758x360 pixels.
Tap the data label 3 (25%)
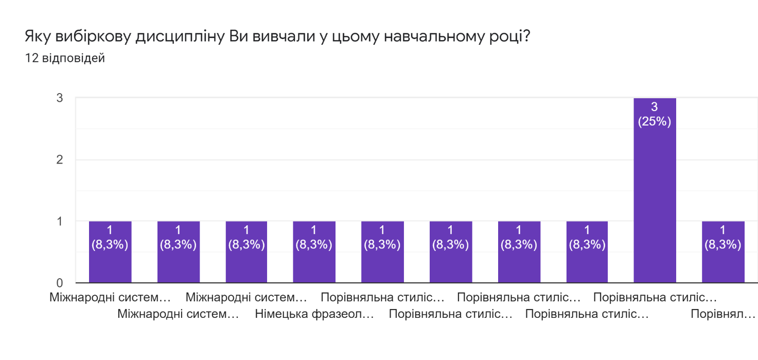[x=655, y=115]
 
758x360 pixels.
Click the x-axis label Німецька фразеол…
[x=314, y=314]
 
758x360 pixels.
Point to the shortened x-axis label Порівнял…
[x=723, y=314]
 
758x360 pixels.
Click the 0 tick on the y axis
[x=59, y=283]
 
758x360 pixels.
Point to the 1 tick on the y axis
[x=59, y=221]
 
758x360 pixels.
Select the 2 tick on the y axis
[x=59, y=159]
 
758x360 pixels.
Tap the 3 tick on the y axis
[x=59, y=98]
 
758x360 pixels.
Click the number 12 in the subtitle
[x=31, y=58]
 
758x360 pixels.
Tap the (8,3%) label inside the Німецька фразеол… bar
[x=314, y=245]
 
